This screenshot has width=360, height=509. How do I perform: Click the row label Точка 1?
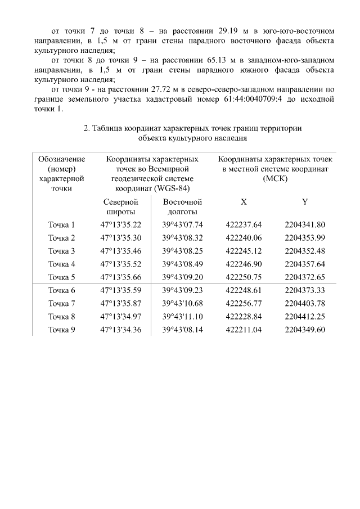point(61,225)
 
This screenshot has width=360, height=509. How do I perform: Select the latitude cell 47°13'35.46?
point(121,251)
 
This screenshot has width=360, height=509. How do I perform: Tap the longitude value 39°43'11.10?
point(182,317)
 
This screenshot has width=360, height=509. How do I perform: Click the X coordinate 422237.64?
point(244,225)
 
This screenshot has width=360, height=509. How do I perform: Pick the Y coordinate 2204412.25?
point(305,317)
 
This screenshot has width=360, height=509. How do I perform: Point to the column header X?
point(244,201)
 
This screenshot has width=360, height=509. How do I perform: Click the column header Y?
point(305,201)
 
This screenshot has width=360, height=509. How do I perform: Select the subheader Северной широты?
point(121,206)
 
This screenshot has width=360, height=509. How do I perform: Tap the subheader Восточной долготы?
point(182,206)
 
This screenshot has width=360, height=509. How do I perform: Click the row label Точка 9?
point(61,330)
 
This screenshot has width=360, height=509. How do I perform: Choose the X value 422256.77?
point(244,304)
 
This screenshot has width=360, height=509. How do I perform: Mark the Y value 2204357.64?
point(305,264)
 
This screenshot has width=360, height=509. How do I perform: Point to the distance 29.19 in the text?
point(228,29)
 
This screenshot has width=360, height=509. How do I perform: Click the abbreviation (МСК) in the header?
point(274,178)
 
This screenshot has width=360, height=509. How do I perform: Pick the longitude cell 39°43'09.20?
point(182,277)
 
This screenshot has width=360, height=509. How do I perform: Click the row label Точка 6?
point(61,290)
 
